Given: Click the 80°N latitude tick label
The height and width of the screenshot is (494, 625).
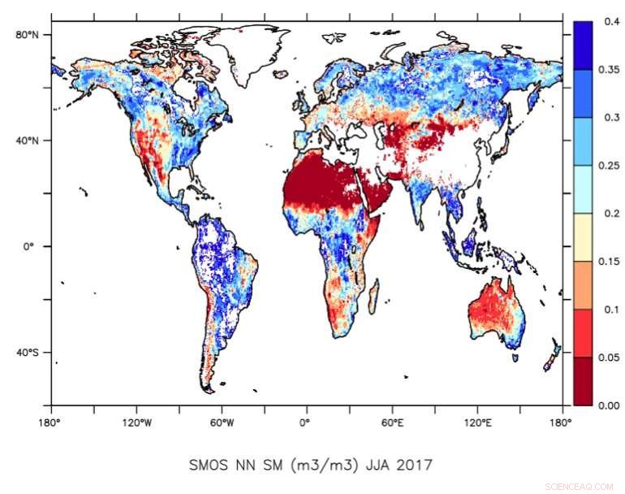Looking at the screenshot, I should [29, 34].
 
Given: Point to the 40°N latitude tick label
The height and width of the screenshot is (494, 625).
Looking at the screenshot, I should [29, 140].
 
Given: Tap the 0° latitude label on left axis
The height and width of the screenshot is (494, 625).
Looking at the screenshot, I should [34, 246].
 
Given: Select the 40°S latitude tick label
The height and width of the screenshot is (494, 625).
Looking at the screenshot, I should [29, 353].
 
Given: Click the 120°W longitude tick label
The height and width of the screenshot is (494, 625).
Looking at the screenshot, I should [136, 422].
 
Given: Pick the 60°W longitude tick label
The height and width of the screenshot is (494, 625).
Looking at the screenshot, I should [222, 422].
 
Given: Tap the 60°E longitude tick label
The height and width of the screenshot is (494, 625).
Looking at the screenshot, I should [392, 422].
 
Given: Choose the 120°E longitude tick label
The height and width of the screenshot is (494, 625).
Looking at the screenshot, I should [477, 422].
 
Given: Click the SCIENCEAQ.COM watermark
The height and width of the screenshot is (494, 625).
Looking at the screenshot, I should [580, 486].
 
